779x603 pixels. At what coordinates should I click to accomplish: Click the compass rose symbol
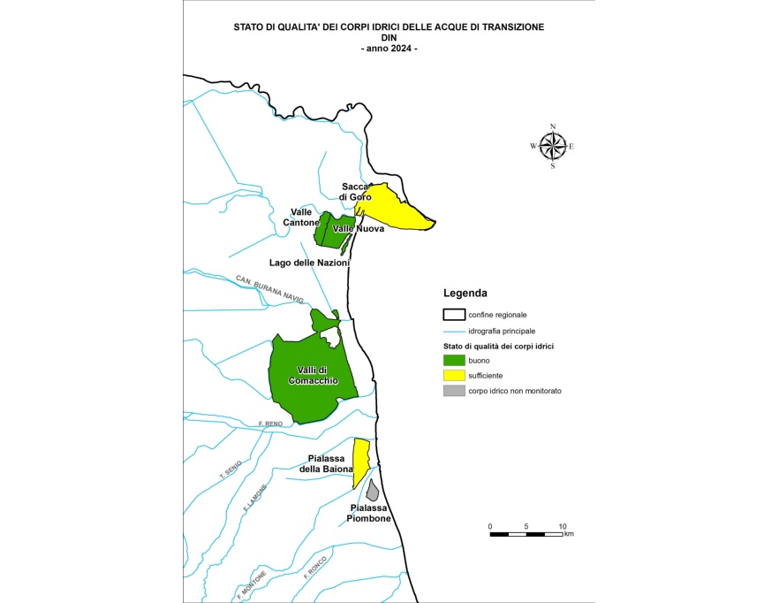pyautogui.click(x=553, y=145)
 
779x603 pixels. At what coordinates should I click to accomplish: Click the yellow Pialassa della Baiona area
pyautogui.click(x=359, y=460)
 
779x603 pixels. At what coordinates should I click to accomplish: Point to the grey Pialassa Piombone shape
pyautogui.click(x=374, y=490)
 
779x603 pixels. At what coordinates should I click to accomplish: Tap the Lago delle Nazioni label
pyautogui.click(x=309, y=263)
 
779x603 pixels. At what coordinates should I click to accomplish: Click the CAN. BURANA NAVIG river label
pyautogui.click(x=269, y=289)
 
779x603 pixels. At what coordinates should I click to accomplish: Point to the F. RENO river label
pyautogui.click(x=270, y=425)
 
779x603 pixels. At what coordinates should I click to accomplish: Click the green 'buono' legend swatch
pyautogui.click(x=453, y=361)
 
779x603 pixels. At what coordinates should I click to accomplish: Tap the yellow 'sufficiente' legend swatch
pyautogui.click(x=453, y=376)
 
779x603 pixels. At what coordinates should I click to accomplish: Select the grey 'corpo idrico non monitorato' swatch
pyautogui.click(x=453, y=391)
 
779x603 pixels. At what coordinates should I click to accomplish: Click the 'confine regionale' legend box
pyautogui.click(x=453, y=315)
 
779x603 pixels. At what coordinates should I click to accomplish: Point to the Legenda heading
pyautogui.click(x=465, y=293)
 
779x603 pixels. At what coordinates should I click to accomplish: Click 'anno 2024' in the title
pyautogui.click(x=389, y=48)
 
